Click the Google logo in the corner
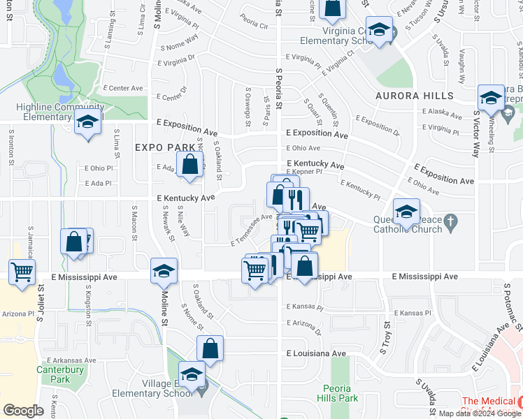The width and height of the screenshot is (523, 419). coord(23,411)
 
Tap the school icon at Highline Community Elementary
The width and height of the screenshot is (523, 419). coord(88,122)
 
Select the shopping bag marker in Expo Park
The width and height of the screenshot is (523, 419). coord(190,166)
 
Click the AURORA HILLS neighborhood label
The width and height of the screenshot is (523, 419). coord(415,96)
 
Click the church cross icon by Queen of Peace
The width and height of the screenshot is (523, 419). coord(452,225)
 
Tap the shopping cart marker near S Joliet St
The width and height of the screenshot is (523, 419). coord(22,272)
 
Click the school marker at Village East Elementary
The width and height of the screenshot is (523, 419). coord(192,374)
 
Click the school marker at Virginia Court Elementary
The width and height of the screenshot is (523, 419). coord(379,30)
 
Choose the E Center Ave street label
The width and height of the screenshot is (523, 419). coord(122,89)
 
